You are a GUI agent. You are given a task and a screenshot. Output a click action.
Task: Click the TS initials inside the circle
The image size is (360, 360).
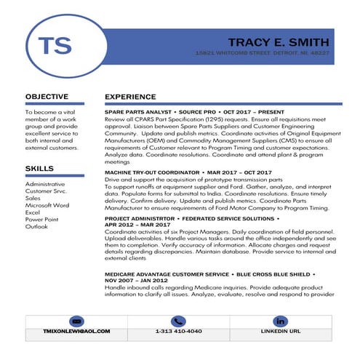(x=55, y=46)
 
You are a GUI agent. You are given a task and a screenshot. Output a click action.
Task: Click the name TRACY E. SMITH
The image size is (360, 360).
(x=279, y=42)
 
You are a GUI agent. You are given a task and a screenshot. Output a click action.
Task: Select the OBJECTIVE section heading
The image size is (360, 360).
(x=47, y=97)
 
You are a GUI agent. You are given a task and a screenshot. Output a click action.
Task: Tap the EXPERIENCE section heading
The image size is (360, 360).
(x=130, y=97)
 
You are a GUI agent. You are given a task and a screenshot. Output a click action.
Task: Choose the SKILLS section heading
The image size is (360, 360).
(x=39, y=169)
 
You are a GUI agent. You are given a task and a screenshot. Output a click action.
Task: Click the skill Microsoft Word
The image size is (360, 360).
(x=47, y=205)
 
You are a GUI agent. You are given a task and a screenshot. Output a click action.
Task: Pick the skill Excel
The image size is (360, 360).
(x=33, y=212)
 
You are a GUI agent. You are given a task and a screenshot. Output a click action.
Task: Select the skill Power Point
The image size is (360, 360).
(x=42, y=220)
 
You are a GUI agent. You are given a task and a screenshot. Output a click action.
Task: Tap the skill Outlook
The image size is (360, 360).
(x=36, y=227)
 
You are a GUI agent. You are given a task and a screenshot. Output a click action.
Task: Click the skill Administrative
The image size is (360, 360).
(x=45, y=185)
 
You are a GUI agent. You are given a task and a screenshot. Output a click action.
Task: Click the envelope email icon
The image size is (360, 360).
(x=76, y=321)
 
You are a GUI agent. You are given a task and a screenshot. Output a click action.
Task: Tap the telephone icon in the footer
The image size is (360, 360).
(x=178, y=321)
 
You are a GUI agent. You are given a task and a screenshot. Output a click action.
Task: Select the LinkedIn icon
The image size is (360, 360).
(x=281, y=321)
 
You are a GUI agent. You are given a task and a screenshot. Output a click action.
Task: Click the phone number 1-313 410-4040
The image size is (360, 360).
(x=178, y=332)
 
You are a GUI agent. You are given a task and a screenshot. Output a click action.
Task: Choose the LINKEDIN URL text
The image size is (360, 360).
(x=280, y=332)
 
